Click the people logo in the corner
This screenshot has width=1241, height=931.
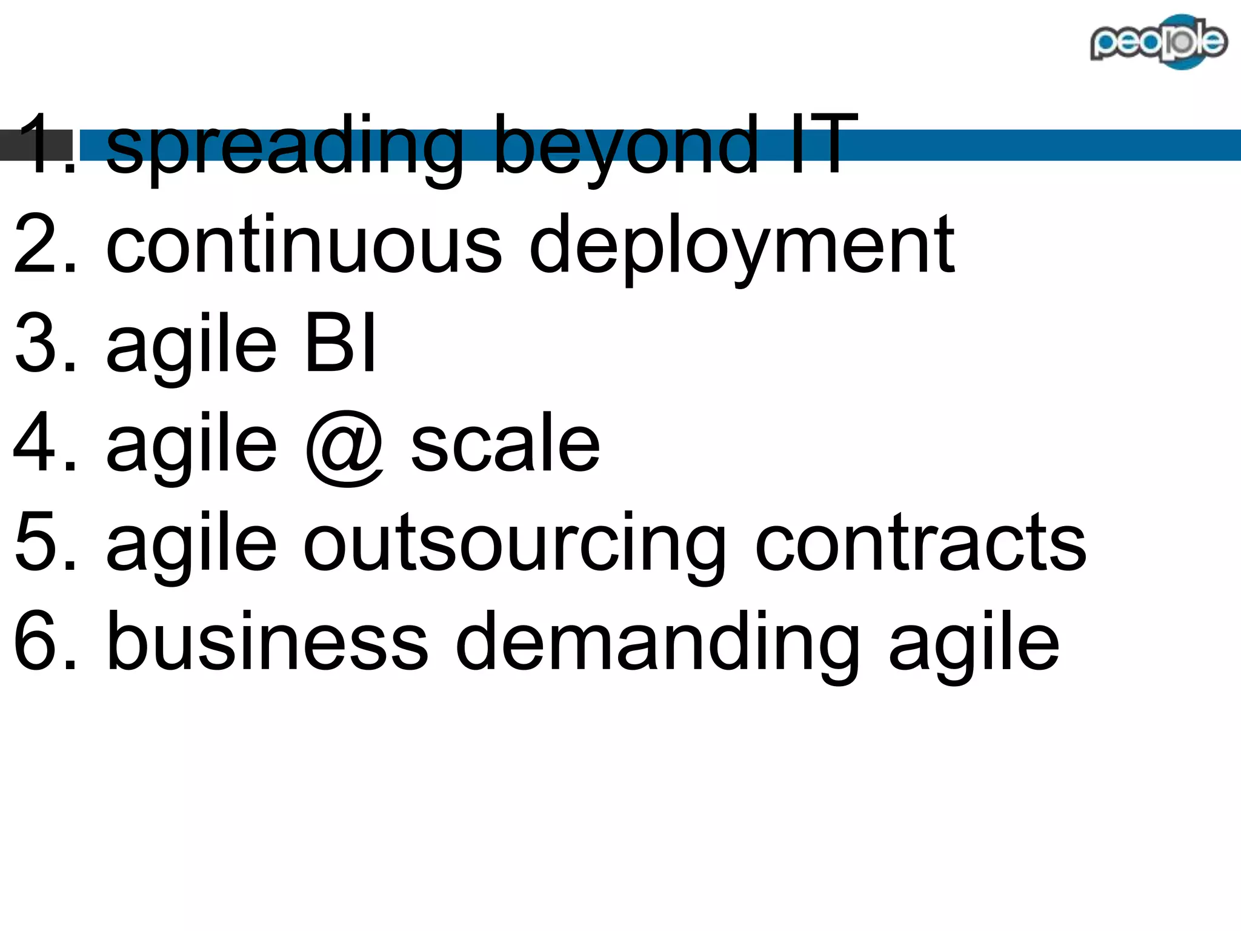[x=1158, y=41]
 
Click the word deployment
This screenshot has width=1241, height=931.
[x=742, y=249]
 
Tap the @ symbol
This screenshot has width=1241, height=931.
[x=344, y=445]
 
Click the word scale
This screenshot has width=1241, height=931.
[x=505, y=442]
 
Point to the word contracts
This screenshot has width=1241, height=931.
[x=920, y=542]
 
